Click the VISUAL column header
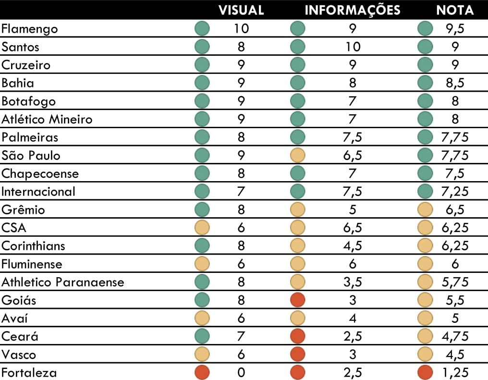point(241,10)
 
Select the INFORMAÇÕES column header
point(353,10)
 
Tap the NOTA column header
point(455,10)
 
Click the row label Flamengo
point(30,29)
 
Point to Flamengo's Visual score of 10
point(241,29)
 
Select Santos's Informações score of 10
point(353,47)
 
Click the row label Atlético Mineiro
point(47,119)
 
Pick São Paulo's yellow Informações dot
point(298,155)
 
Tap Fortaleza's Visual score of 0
point(241,372)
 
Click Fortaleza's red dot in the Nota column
point(425,372)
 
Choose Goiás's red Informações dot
point(298,300)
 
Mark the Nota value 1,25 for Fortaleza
point(455,372)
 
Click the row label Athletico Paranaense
point(63,282)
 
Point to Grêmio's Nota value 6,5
point(455,210)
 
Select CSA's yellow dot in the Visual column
point(202,228)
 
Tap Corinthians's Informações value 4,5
point(353,246)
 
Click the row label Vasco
point(19,355)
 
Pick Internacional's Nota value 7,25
point(455,192)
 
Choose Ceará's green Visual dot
point(202,336)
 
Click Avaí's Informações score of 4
point(353,319)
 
